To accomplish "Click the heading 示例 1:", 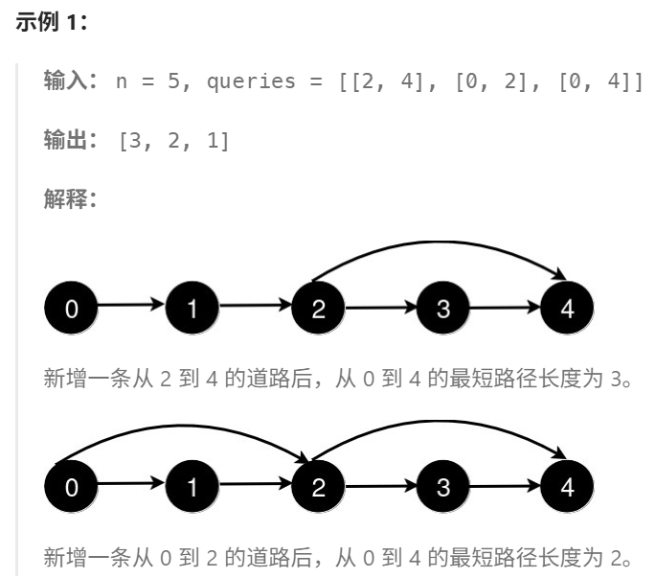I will [53, 25].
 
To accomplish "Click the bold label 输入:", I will [71, 81].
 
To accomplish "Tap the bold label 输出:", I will [71, 141].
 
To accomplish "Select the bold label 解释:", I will [71, 200].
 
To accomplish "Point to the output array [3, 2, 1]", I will [173, 141].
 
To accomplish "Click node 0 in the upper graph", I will [70, 308].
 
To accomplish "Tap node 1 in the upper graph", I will [193, 308].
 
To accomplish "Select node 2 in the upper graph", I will [317, 308].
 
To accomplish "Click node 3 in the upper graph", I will [441, 308].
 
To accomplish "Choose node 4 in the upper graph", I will [566, 308].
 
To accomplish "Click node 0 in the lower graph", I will [70, 487].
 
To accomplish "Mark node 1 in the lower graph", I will [193, 487].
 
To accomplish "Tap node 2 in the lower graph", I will [317, 487].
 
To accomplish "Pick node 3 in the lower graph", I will [441, 487].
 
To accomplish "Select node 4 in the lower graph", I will [566, 487].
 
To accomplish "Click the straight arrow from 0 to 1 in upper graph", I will [131, 307].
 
